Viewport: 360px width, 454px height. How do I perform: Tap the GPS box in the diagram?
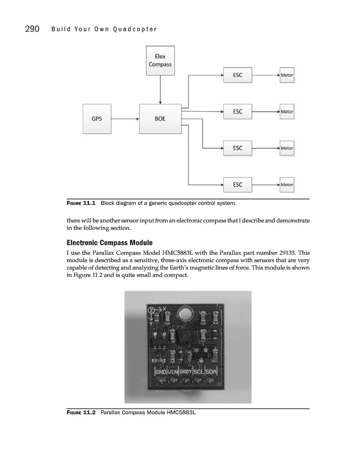click(x=97, y=119)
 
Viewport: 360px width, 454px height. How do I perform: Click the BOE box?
click(x=160, y=119)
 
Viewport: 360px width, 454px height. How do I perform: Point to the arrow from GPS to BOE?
click(x=125, y=119)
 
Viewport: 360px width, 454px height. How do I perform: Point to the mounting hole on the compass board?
click(x=184, y=313)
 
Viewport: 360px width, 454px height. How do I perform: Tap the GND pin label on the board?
click(x=162, y=371)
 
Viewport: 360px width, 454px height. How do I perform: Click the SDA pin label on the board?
click(x=211, y=371)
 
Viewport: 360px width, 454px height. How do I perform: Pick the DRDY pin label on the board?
click(x=186, y=371)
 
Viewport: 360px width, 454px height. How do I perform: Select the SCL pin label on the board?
click(x=199, y=371)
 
